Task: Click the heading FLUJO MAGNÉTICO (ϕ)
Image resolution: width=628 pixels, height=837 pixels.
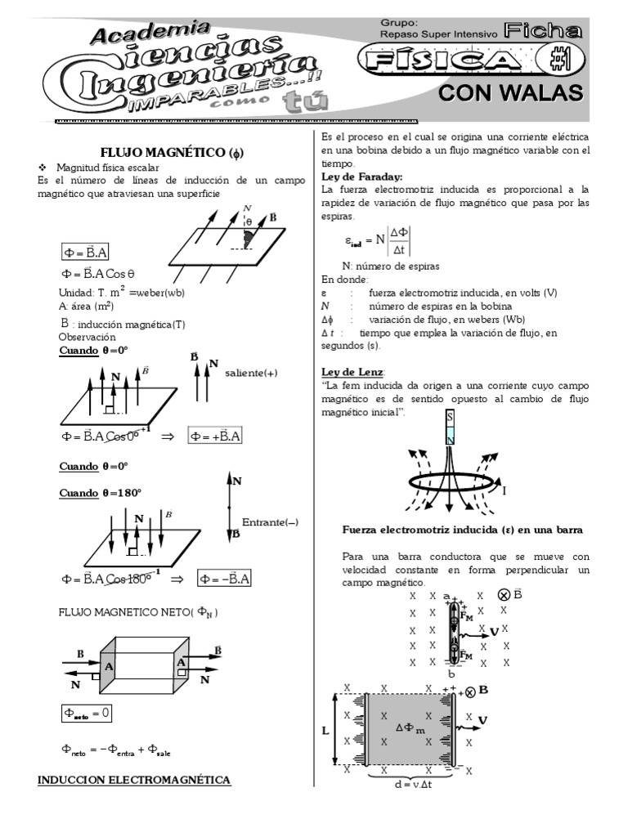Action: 172,152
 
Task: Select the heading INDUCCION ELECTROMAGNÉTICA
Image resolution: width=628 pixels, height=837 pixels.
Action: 135,780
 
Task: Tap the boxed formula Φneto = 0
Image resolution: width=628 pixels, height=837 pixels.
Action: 87,713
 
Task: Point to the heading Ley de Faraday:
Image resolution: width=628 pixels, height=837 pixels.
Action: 361,177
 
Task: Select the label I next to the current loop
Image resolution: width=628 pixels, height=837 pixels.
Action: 504,490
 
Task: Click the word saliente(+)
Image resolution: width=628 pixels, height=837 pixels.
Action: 251,373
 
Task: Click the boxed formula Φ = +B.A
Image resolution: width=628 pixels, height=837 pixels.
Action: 215,436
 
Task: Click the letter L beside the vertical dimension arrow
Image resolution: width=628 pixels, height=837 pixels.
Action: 325,731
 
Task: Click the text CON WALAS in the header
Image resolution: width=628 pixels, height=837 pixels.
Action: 511,93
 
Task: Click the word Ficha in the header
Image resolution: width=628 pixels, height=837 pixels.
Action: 543,31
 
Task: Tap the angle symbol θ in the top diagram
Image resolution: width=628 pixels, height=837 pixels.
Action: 248,222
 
